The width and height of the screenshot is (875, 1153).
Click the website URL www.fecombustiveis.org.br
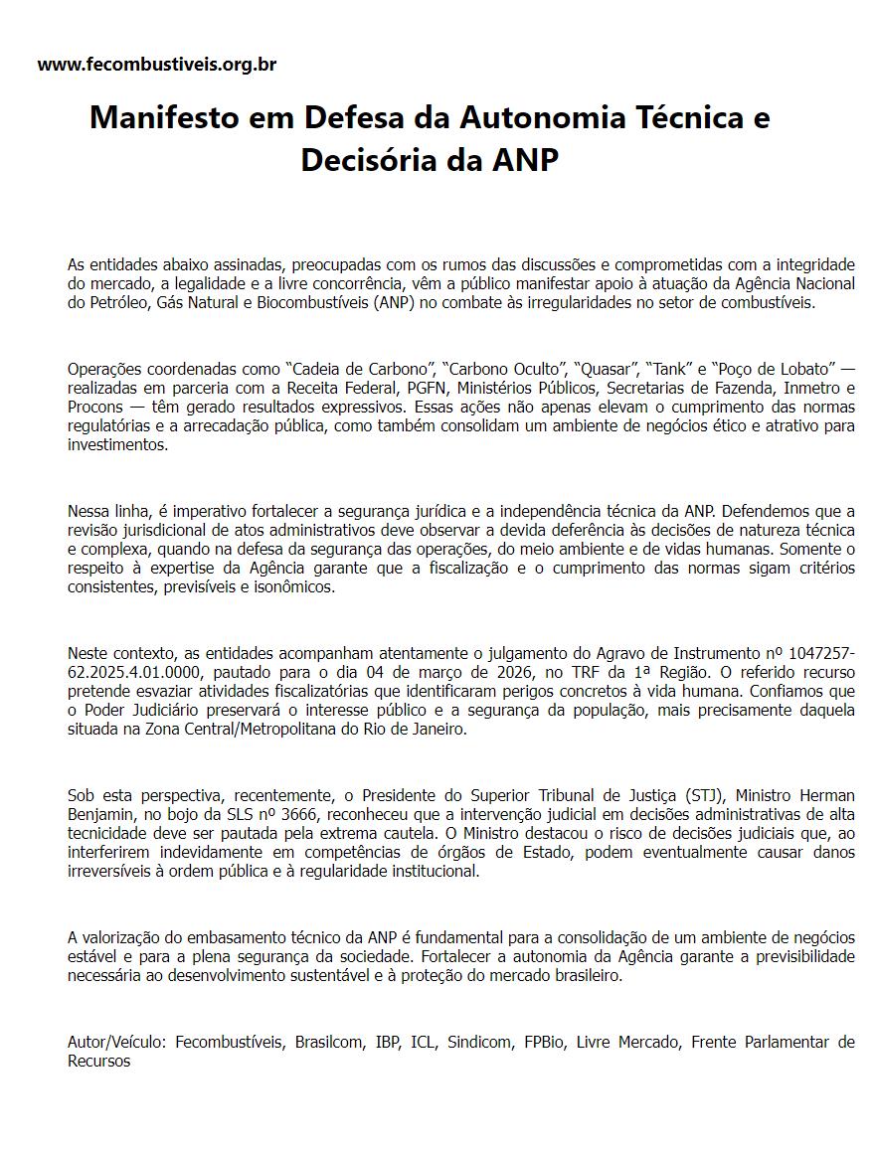click(157, 65)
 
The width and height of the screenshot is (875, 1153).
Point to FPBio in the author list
click(545, 1042)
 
